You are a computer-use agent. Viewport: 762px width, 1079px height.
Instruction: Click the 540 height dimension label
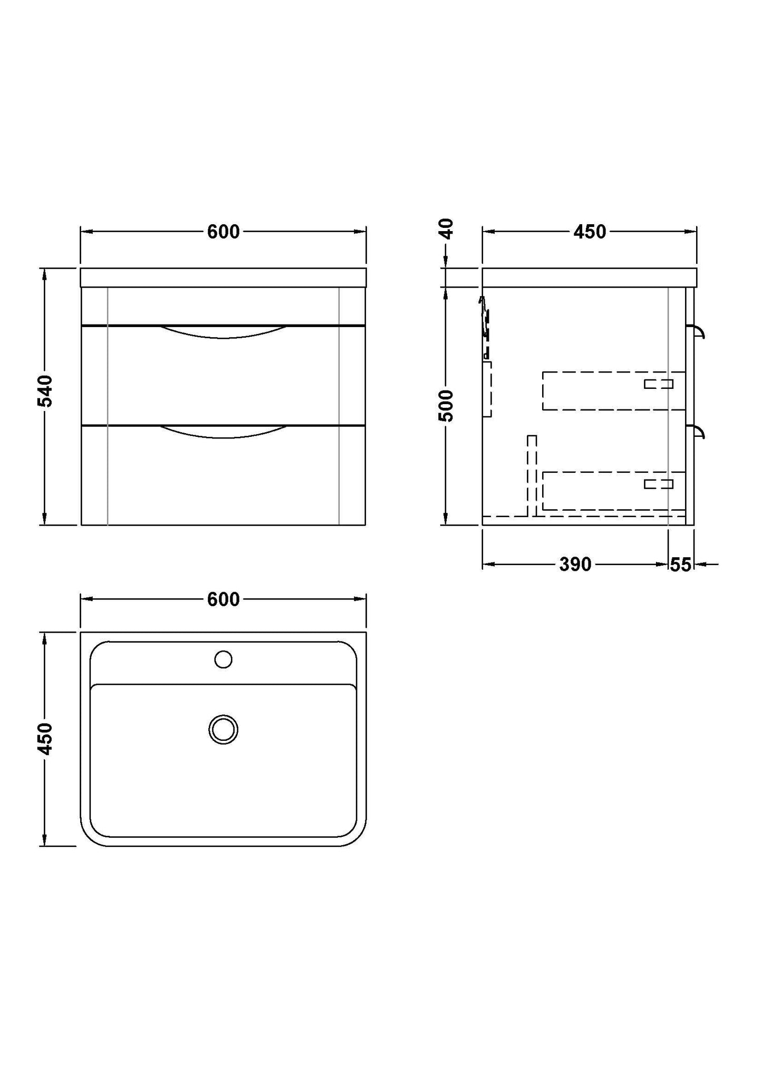point(46,391)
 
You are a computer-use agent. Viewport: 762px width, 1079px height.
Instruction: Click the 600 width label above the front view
point(223,232)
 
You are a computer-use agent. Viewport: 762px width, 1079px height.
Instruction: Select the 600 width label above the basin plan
point(223,599)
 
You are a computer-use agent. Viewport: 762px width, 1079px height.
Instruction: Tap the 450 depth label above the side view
point(590,232)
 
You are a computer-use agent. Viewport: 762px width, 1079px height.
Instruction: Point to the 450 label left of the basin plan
point(46,739)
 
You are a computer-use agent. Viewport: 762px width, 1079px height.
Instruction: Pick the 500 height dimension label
point(446,405)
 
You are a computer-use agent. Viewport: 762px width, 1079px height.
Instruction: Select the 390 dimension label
point(575,565)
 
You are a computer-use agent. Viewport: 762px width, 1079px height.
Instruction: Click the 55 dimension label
point(680,565)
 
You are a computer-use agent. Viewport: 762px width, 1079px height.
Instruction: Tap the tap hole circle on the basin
point(224,660)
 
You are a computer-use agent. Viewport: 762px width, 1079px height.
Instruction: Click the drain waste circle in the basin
point(224,730)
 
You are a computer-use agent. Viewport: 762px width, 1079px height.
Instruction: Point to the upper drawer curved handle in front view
point(224,332)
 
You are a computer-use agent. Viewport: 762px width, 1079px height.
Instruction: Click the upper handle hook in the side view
point(699,332)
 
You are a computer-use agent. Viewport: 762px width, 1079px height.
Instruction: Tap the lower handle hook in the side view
point(699,432)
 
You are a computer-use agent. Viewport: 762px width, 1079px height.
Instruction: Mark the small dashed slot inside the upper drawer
point(659,384)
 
